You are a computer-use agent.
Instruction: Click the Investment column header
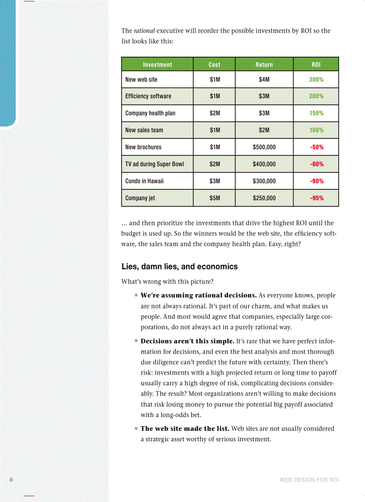coord(157,64)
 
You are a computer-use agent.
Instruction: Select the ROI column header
coord(316,64)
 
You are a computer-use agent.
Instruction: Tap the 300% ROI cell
coord(316,80)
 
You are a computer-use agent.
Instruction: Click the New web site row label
coord(141,80)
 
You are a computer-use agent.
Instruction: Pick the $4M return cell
coord(264,80)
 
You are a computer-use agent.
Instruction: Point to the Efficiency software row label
coord(148,96)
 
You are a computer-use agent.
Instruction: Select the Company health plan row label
coord(150,113)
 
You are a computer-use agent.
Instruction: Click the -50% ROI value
coord(316,147)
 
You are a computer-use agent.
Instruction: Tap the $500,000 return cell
coord(264,147)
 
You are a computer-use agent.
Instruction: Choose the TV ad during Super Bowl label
coord(154,164)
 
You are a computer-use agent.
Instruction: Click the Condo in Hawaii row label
coord(144,181)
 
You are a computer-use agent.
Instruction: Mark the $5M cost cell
coord(215,198)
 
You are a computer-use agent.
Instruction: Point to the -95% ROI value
coord(316,198)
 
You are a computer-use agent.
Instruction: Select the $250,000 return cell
coord(264,198)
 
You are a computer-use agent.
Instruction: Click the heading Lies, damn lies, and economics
coord(179,266)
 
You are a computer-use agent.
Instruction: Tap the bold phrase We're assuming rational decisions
coord(199,295)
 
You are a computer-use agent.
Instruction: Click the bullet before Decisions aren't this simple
coord(136,341)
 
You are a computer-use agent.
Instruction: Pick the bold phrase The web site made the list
coord(185,429)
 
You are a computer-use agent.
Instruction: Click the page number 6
coord(12,479)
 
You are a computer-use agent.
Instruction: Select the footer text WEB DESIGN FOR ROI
coord(309,480)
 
